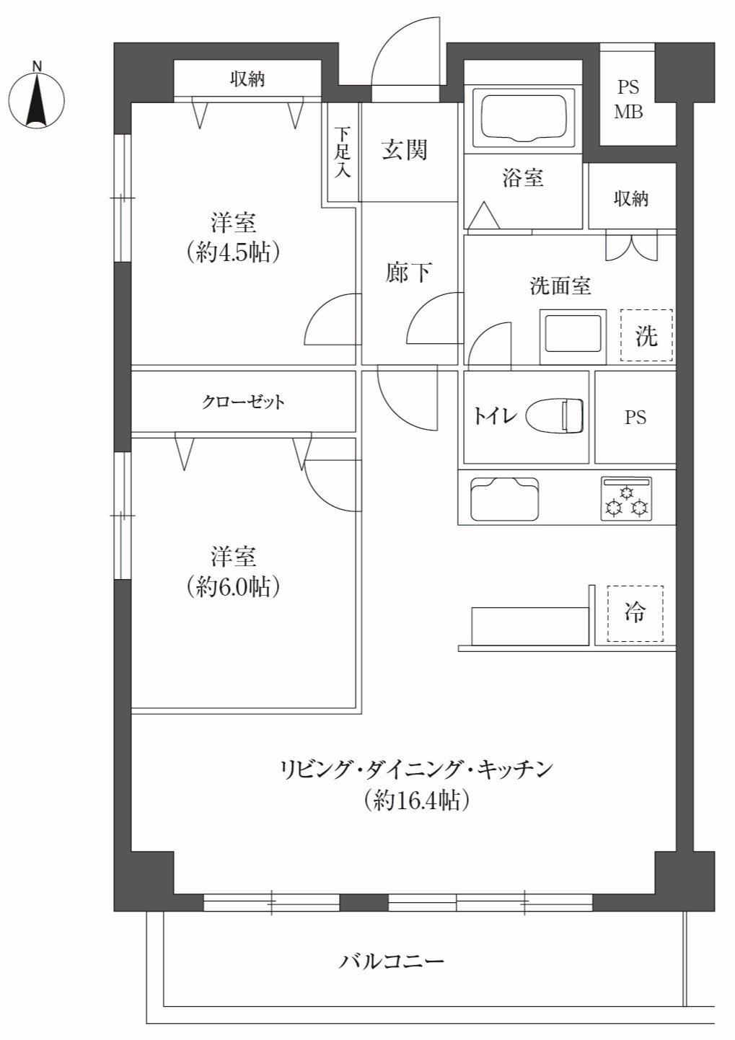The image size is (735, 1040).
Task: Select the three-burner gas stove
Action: (626, 499)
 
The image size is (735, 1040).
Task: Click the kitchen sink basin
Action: (505, 499)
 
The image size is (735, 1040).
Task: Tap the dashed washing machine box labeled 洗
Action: (646, 335)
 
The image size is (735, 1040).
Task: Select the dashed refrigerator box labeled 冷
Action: (635, 613)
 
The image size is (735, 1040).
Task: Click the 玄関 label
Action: (404, 150)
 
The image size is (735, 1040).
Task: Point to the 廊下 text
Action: (408, 273)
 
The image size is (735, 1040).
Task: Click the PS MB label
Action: (629, 100)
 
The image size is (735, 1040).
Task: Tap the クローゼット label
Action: (243, 402)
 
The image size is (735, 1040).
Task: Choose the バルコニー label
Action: (391, 961)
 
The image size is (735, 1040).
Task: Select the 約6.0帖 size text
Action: (233, 587)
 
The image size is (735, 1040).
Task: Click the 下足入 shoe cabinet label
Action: (342, 152)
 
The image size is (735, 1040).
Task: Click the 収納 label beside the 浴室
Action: (631, 199)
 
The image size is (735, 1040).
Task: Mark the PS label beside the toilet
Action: (635, 418)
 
